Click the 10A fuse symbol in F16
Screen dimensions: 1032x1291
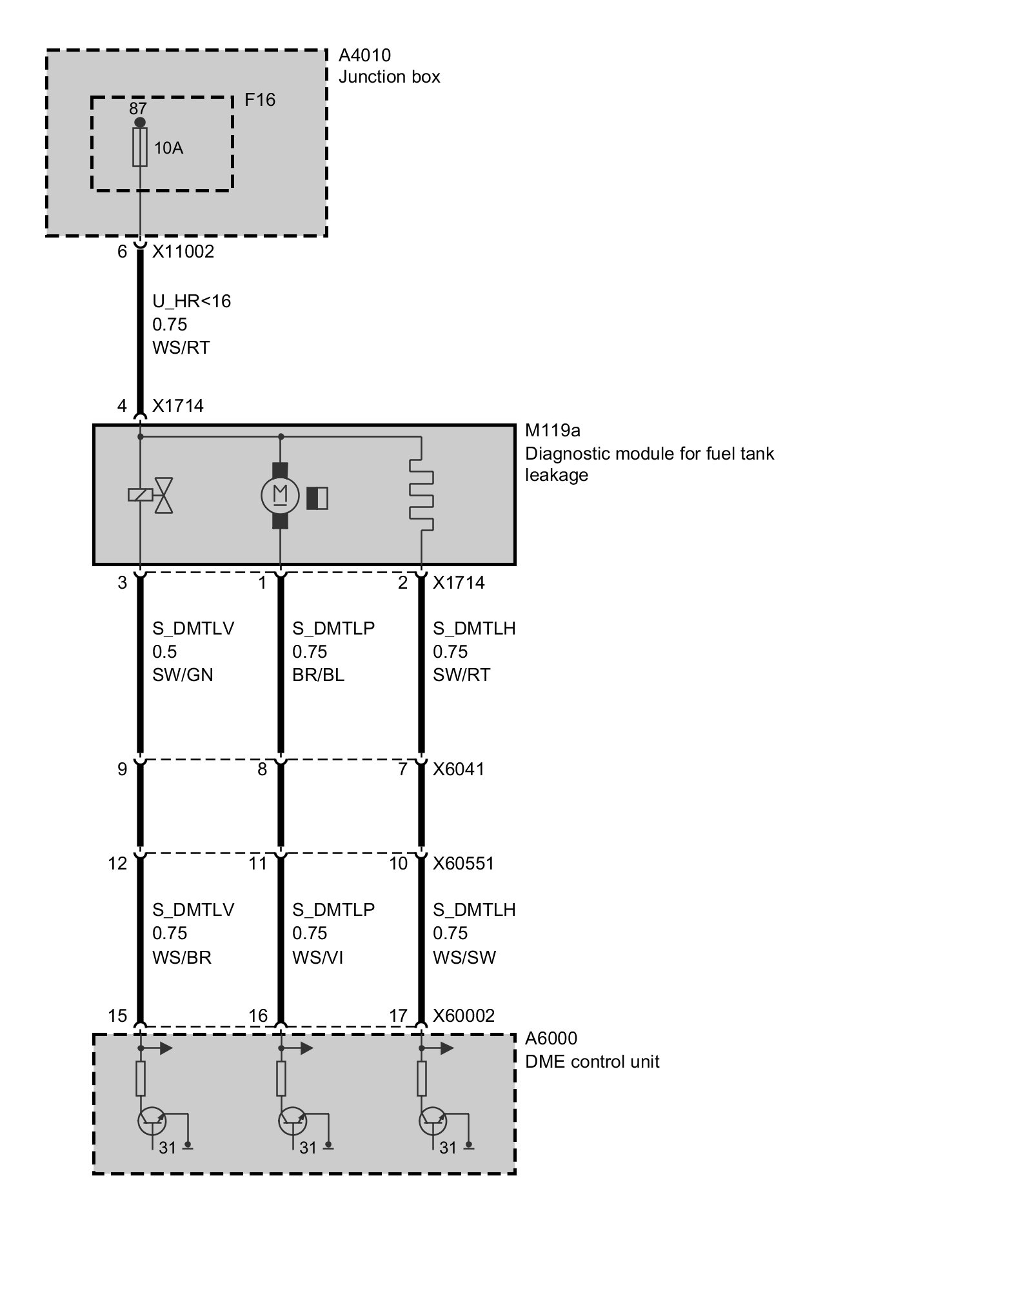[140, 147]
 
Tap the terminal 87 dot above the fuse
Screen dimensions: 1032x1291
[140, 122]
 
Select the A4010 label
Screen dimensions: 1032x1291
[364, 56]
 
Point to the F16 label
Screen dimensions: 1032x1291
[260, 100]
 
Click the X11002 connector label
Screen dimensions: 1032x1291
[183, 252]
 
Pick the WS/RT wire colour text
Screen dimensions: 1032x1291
[181, 348]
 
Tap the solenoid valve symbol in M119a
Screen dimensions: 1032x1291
[151, 496]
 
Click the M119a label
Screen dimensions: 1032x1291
[553, 431]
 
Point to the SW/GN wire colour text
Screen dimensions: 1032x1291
[183, 675]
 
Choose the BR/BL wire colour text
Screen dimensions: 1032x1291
[318, 675]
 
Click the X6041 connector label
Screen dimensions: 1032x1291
[459, 769]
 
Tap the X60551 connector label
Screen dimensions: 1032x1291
[463, 864]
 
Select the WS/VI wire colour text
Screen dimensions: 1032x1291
[317, 957]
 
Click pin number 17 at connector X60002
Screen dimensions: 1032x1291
[398, 1016]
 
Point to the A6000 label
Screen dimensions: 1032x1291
[551, 1039]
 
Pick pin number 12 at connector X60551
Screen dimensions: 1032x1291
[117, 864]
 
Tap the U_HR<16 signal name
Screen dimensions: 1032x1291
[192, 301]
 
